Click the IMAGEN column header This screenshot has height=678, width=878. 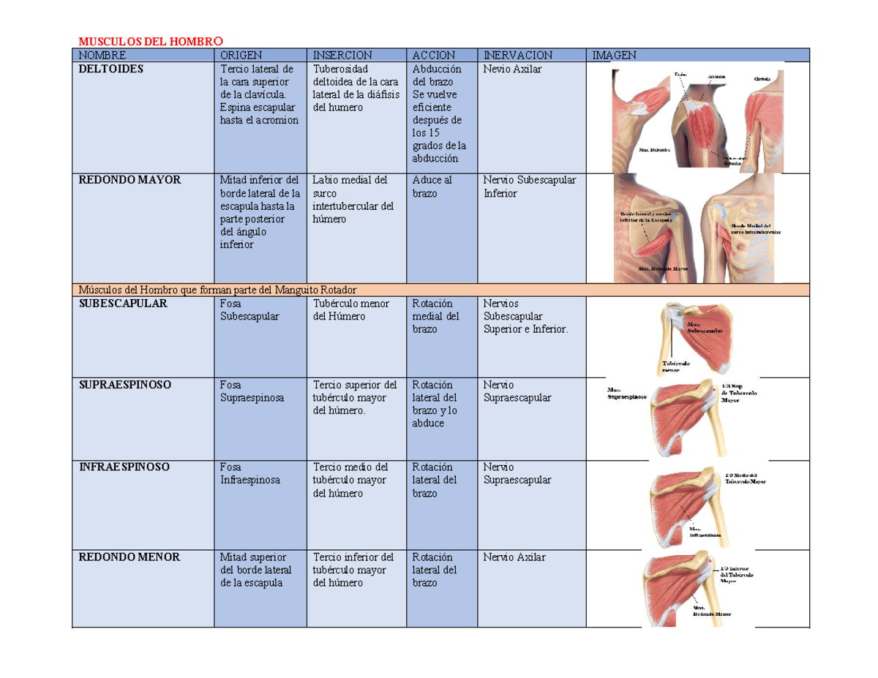615,55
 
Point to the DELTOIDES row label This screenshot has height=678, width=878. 112,69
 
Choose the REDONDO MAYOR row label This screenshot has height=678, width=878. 129,180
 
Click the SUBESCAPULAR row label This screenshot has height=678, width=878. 124,303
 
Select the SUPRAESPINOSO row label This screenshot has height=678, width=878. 125,385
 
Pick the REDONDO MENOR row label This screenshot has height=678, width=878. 129,557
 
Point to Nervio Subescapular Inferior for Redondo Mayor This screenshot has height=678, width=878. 530,187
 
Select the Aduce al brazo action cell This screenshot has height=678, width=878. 432,187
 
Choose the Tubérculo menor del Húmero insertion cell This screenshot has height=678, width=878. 350,309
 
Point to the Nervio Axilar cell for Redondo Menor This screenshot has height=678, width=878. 514,557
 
